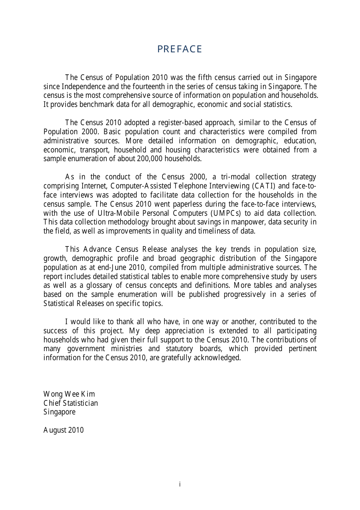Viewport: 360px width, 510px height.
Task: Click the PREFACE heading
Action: click(180, 49)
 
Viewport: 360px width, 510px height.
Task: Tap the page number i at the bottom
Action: click(180, 484)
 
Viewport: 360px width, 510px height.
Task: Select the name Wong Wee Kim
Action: click(69, 394)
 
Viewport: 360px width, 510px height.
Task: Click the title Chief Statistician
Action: click(70, 403)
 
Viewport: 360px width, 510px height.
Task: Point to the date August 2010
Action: click(63, 430)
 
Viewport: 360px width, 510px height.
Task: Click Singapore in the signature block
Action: click(59, 412)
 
